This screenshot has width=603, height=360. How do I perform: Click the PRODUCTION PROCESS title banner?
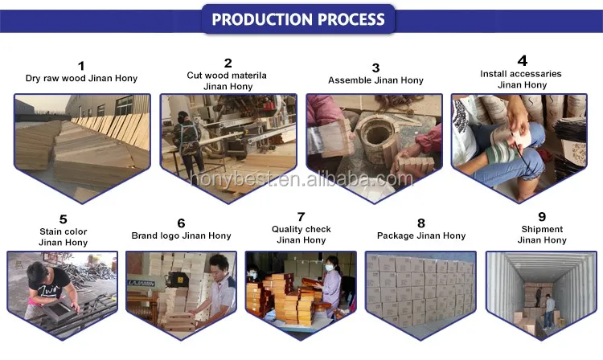(298, 18)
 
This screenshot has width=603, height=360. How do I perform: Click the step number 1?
(80, 65)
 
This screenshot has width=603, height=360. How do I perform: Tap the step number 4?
(522, 60)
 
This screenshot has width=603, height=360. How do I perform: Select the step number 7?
(301, 216)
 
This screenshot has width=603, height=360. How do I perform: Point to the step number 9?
(542, 215)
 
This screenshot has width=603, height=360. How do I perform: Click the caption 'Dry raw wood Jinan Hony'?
(80, 79)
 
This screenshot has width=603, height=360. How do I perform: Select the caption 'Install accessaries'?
(521, 74)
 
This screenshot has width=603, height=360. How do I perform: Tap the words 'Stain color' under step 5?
(63, 231)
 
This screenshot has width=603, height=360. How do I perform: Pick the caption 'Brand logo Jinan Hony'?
(181, 235)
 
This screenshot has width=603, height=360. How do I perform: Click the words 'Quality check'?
(301, 229)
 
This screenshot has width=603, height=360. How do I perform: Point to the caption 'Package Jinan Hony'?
(421, 235)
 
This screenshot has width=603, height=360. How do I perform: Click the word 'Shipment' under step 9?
(542, 229)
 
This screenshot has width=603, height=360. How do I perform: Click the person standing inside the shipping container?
(549, 309)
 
